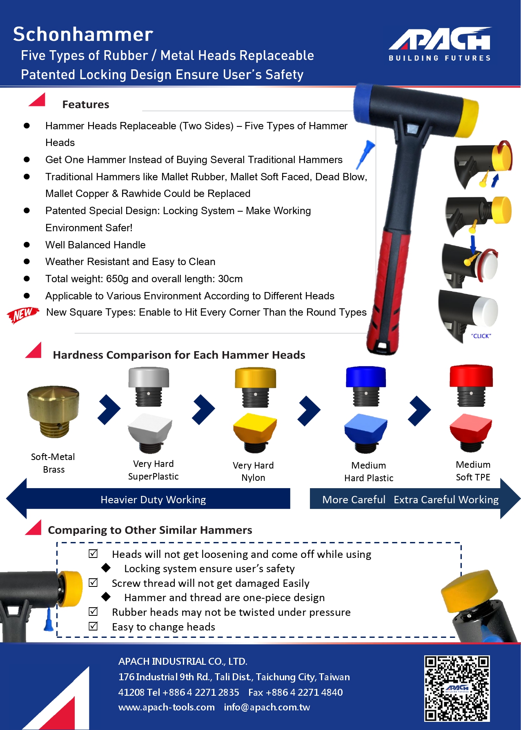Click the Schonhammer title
[x=83, y=34]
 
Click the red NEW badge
[x=23, y=314]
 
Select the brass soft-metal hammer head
[x=53, y=411]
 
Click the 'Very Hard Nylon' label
[x=253, y=471]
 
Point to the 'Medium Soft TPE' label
[x=473, y=471]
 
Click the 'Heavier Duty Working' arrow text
[x=153, y=500]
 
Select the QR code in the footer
[x=456, y=688]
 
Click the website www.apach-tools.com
[x=167, y=707]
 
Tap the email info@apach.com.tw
[x=267, y=707]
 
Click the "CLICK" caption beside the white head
[x=481, y=336]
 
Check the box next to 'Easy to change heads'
[x=93, y=626]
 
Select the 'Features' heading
[x=86, y=104]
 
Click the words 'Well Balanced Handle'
[x=96, y=245]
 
